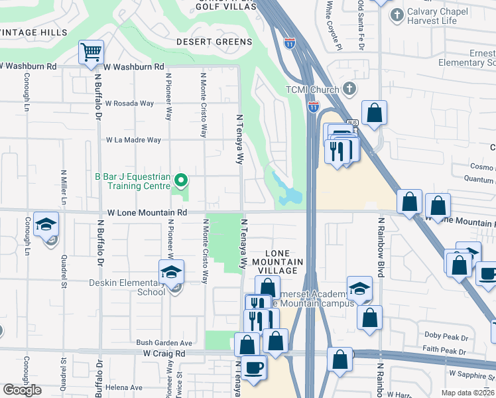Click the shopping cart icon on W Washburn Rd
[x=92, y=52]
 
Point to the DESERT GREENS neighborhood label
[x=214, y=42]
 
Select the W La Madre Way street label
[x=133, y=140]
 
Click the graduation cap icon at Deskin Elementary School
[x=171, y=272]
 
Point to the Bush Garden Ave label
[x=164, y=343]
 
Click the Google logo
[x=22, y=390]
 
